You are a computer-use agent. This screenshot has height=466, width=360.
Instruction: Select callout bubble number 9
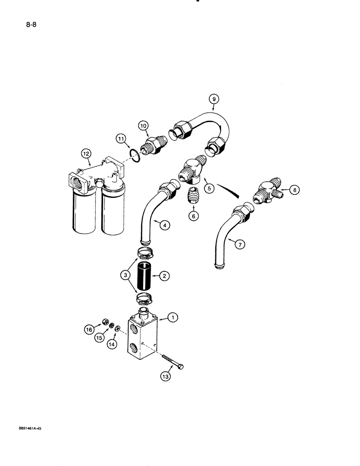[x=213, y=99]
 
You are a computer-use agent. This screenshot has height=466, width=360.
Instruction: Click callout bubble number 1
[x=173, y=318]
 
